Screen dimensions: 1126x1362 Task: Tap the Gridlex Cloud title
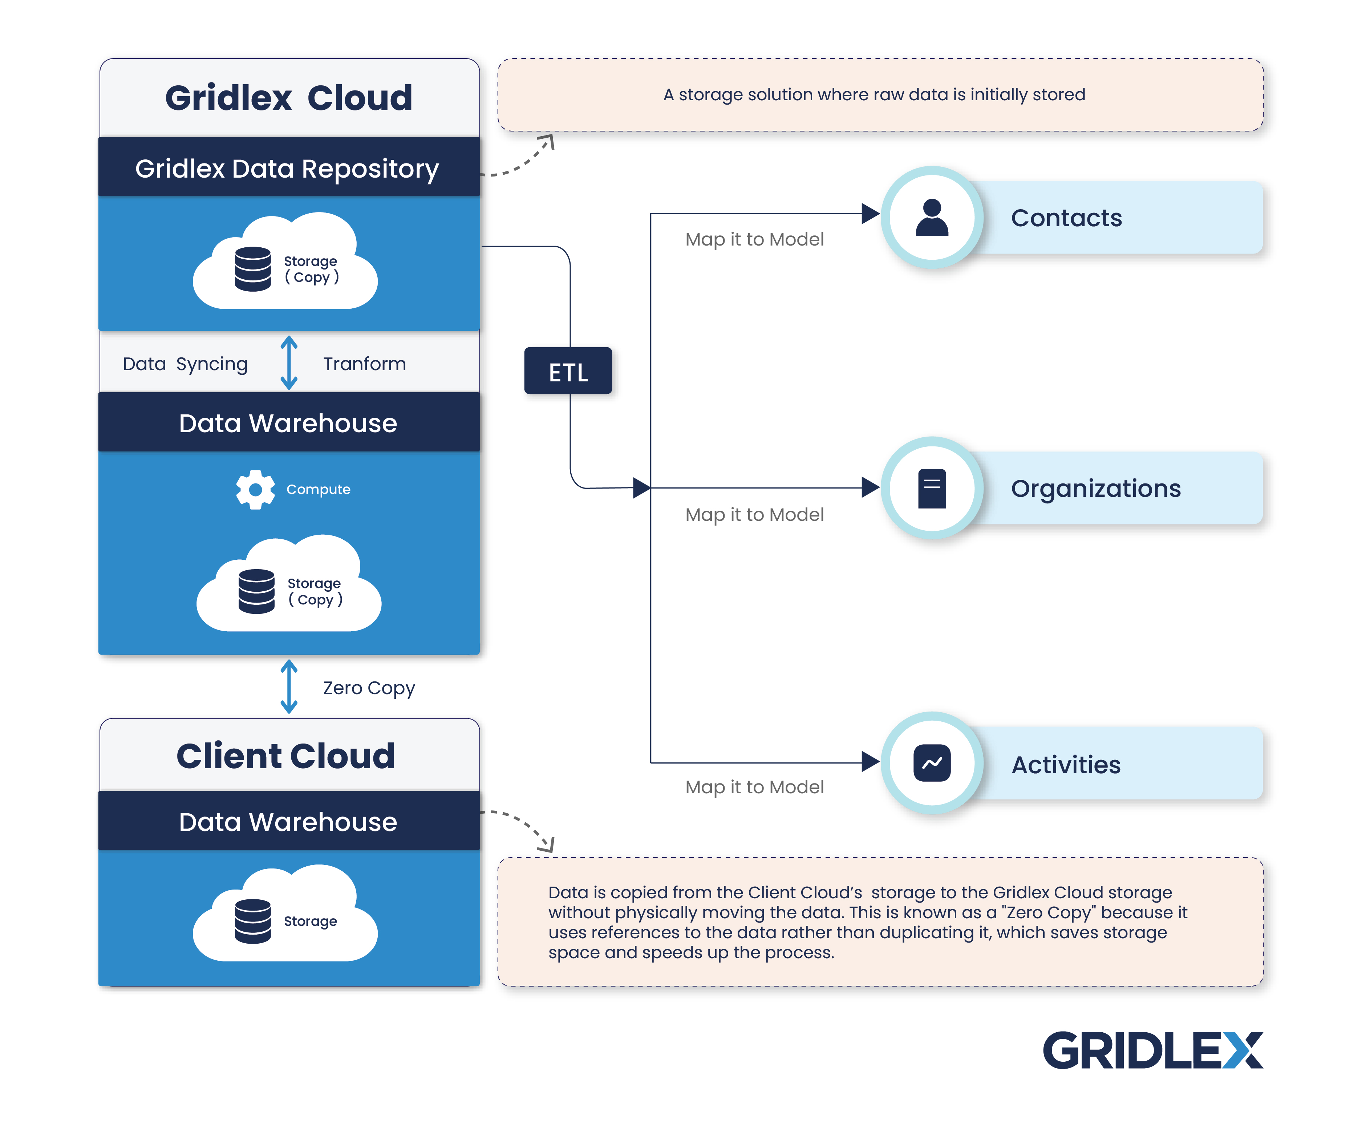[x=289, y=98]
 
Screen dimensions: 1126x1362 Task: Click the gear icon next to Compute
[x=255, y=489]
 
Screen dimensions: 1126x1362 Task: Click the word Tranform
[x=365, y=364]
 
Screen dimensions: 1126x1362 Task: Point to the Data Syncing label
[x=186, y=364]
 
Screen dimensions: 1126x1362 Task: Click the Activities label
[x=1066, y=765]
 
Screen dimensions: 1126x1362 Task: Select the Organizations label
[x=1095, y=489]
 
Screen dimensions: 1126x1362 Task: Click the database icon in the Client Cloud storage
[x=253, y=921]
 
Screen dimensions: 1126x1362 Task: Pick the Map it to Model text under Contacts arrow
[x=754, y=239]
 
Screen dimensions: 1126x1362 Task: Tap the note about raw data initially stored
[x=873, y=95]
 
